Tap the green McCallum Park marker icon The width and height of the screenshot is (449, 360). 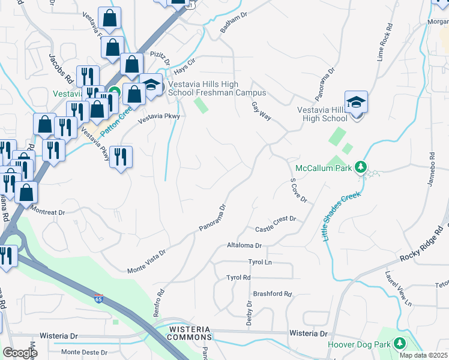(x=361, y=166)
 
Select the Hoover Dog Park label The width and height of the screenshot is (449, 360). (x=358, y=344)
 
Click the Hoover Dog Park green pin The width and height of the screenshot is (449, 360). (x=399, y=344)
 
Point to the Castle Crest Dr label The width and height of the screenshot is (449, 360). (x=276, y=224)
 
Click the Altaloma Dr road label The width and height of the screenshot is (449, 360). (x=244, y=245)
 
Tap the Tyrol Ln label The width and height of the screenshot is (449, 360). (x=260, y=262)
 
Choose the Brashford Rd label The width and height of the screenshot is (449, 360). (x=272, y=294)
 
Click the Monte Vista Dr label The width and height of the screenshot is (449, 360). (x=146, y=263)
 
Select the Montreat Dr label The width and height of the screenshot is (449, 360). (x=47, y=212)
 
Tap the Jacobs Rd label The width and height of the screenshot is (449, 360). (x=61, y=69)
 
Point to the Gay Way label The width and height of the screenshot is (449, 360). (x=262, y=112)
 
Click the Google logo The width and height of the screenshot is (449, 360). (x=20, y=353)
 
